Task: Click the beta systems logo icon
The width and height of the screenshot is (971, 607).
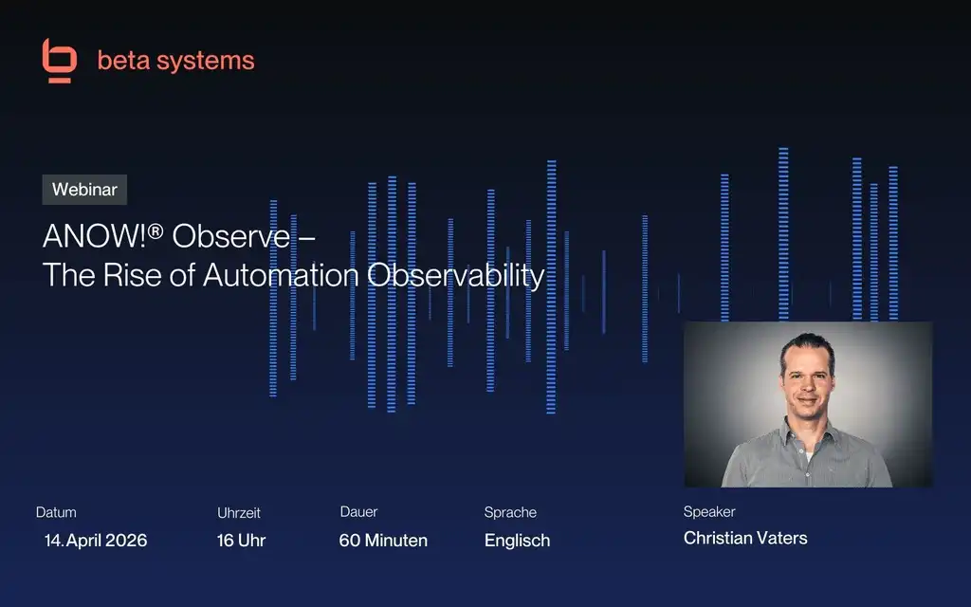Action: [59, 61]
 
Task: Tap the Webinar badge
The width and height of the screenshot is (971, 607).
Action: [84, 190]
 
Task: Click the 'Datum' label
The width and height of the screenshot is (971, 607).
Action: [56, 512]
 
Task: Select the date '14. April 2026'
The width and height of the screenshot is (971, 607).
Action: [96, 541]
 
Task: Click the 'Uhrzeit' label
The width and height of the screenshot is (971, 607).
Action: [239, 512]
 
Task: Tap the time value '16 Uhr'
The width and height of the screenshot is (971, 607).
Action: [241, 541]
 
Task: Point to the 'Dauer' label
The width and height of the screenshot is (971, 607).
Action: [358, 512]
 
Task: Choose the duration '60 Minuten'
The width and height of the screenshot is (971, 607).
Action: [383, 541]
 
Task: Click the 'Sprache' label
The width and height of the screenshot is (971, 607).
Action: [510, 512]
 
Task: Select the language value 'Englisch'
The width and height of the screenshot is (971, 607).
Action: [517, 541]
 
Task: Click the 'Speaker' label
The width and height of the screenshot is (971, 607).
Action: [709, 512]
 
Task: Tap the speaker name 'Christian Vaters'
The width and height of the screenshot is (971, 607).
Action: [745, 538]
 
